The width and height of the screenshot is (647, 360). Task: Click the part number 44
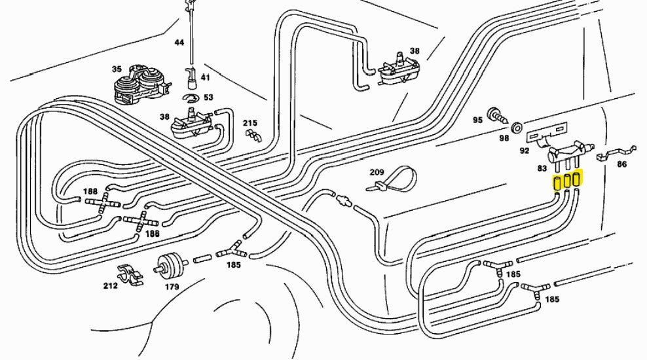pyautogui.click(x=179, y=42)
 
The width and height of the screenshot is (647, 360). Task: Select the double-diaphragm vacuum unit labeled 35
pyautogui.click(x=139, y=84)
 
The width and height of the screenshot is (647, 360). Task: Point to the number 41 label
pyautogui.click(x=205, y=77)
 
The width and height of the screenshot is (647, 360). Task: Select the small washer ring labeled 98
pyautogui.click(x=516, y=127)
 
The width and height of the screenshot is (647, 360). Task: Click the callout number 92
pyautogui.click(x=524, y=151)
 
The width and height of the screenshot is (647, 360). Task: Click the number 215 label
pyautogui.click(x=250, y=123)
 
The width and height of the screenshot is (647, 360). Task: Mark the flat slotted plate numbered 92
pyautogui.click(x=547, y=133)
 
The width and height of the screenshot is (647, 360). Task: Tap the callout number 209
pyautogui.click(x=377, y=172)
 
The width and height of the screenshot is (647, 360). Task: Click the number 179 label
pyautogui.click(x=172, y=287)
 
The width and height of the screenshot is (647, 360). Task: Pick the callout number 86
pyautogui.click(x=621, y=164)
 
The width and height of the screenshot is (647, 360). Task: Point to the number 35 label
pyautogui.click(x=117, y=69)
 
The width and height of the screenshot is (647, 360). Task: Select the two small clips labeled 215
pyautogui.click(x=253, y=135)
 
